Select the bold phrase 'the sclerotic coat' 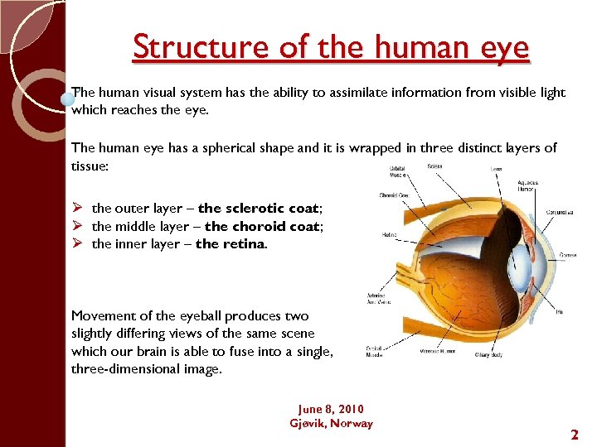260,209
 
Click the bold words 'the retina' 231,244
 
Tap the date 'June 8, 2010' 331,409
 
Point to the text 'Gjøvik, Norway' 331,423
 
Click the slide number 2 574,434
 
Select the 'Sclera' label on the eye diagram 434,166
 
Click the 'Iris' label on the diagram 560,312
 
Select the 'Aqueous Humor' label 527,186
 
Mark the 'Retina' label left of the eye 389,234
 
